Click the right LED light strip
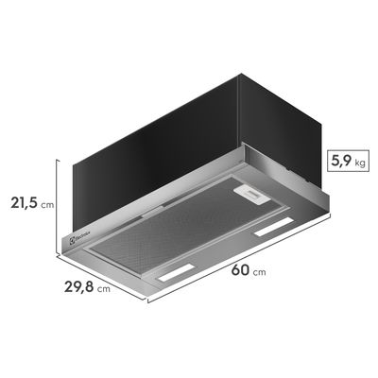pyautogui.click(x=275, y=231)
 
